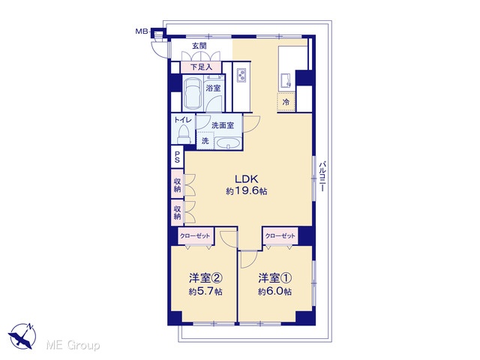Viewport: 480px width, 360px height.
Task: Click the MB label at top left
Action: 142,31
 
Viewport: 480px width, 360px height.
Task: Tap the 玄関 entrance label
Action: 199,46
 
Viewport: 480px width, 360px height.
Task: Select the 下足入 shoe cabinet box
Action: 201,67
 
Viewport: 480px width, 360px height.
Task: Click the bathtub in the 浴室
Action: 193,91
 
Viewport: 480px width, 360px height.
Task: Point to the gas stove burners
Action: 241,75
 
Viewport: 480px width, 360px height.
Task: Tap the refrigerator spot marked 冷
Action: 286,102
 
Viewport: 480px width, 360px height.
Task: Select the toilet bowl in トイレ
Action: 183,134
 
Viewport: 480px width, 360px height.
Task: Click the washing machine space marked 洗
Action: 205,140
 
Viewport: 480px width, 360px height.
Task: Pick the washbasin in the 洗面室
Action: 227,143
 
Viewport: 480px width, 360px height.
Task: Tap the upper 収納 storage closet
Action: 177,184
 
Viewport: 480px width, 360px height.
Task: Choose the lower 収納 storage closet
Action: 177,212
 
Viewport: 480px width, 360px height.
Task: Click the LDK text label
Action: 247,178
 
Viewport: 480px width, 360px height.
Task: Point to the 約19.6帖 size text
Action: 247,191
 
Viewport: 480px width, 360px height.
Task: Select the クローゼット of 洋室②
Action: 195,235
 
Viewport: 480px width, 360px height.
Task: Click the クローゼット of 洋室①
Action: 280,235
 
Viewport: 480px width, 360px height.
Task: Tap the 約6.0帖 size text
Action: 274,292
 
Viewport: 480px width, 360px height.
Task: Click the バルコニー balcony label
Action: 322,177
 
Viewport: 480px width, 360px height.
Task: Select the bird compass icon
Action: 22,336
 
